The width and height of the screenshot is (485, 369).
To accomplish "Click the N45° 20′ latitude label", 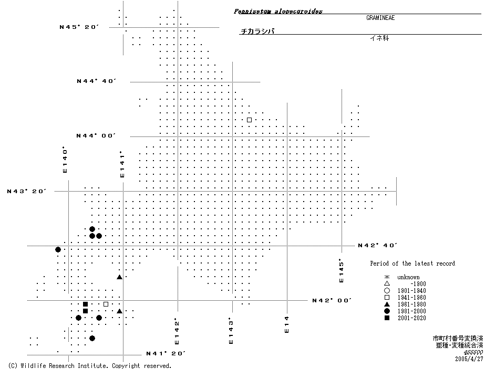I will (x=79, y=26).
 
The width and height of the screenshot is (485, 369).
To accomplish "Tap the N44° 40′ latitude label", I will (x=96, y=81).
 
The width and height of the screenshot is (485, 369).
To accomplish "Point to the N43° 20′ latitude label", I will (x=27, y=191).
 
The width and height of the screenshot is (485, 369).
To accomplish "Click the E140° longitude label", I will (x=66, y=160).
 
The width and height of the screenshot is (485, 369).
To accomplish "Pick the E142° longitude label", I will (x=177, y=330).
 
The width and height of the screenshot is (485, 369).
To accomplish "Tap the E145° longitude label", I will (x=340, y=270).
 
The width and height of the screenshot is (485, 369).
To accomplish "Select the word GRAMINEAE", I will (x=380, y=17).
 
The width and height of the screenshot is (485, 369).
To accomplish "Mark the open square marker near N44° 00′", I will (x=249, y=120).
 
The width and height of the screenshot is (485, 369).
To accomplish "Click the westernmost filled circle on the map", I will (x=58, y=249).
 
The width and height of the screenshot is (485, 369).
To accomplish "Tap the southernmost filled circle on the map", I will (x=92, y=338).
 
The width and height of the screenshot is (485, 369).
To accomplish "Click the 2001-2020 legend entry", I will (x=411, y=318).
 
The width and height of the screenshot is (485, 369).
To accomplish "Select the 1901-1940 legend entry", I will (x=411, y=291).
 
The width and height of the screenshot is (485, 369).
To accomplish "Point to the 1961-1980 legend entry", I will (x=411, y=304).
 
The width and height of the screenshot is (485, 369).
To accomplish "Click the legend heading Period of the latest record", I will (x=412, y=263).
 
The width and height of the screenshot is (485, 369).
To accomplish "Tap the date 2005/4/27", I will (x=469, y=359).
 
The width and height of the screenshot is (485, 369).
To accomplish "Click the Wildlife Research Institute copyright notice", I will (x=90, y=365).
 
